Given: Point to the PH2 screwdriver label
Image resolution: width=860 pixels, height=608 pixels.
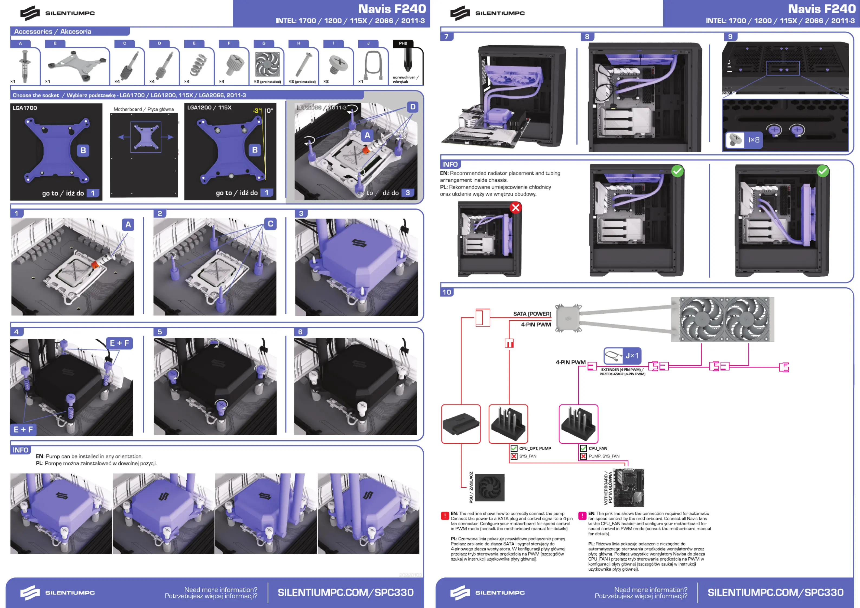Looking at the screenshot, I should [403, 43].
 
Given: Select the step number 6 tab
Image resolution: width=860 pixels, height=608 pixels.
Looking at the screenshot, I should [300, 332].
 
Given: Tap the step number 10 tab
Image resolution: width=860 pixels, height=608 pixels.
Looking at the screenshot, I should [447, 292].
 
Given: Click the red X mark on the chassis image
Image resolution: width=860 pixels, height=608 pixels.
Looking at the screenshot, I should [515, 207].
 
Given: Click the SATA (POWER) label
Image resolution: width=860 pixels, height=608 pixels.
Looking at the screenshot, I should [532, 314].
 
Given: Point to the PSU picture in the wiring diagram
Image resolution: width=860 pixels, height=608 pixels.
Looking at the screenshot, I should [489, 487].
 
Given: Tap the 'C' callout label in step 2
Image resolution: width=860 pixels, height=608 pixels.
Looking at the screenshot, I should [270, 224].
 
